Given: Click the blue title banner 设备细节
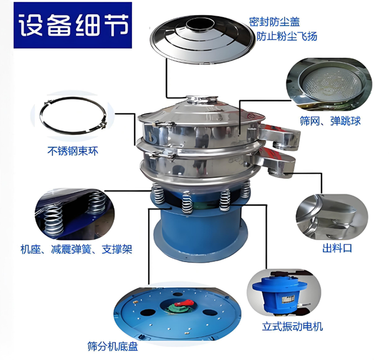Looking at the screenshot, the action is pyautogui.click(x=72, y=25).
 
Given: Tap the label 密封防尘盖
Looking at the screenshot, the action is pyautogui.click(x=274, y=22).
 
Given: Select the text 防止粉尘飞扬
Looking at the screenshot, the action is pyautogui.click(x=287, y=36).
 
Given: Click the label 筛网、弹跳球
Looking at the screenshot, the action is pyautogui.click(x=330, y=121).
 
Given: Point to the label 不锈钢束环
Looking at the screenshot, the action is pyautogui.click(x=72, y=151).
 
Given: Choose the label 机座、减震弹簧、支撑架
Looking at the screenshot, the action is pyautogui.click(x=76, y=249).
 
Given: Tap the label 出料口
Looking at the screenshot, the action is pyautogui.click(x=337, y=248).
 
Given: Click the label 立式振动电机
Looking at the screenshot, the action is pyautogui.click(x=292, y=327).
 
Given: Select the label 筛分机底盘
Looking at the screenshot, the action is pyautogui.click(x=112, y=347).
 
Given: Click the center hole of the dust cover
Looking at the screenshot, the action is pyautogui.click(x=200, y=24).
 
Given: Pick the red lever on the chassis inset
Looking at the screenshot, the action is pyautogui.click(x=184, y=303).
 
